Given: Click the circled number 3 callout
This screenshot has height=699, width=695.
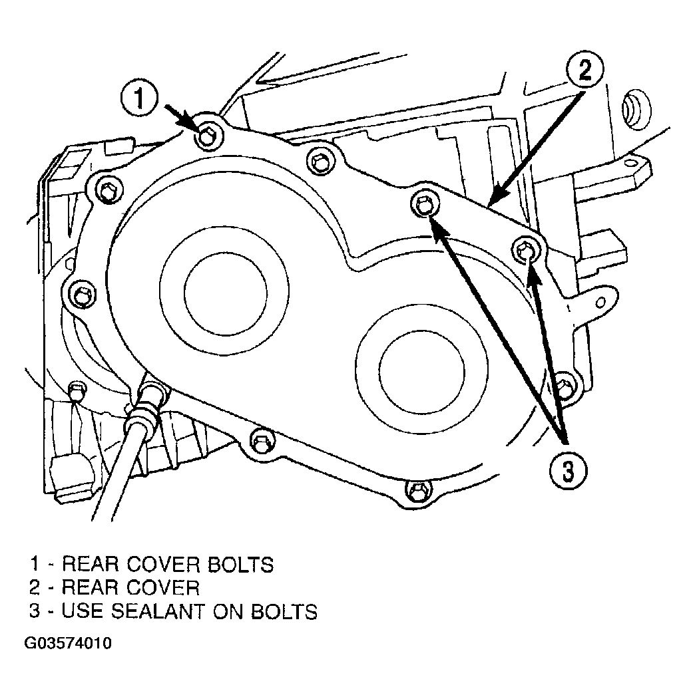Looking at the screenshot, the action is click(x=568, y=471).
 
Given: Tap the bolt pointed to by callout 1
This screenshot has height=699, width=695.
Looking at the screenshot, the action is click(x=206, y=135).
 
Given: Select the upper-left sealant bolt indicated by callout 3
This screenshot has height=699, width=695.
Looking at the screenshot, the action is click(x=423, y=206).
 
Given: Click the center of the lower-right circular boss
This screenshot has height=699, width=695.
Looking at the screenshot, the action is click(x=422, y=368).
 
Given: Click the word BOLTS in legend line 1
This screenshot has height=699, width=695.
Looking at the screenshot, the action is click(x=241, y=565).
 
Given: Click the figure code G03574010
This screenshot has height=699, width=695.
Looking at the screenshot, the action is click(x=68, y=643).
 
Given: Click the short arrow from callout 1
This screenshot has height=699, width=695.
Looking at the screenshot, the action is click(x=181, y=117).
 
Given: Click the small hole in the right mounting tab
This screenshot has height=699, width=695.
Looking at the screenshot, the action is click(x=600, y=303).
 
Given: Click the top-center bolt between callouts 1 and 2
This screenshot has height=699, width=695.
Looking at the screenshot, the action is click(x=320, y=161).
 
